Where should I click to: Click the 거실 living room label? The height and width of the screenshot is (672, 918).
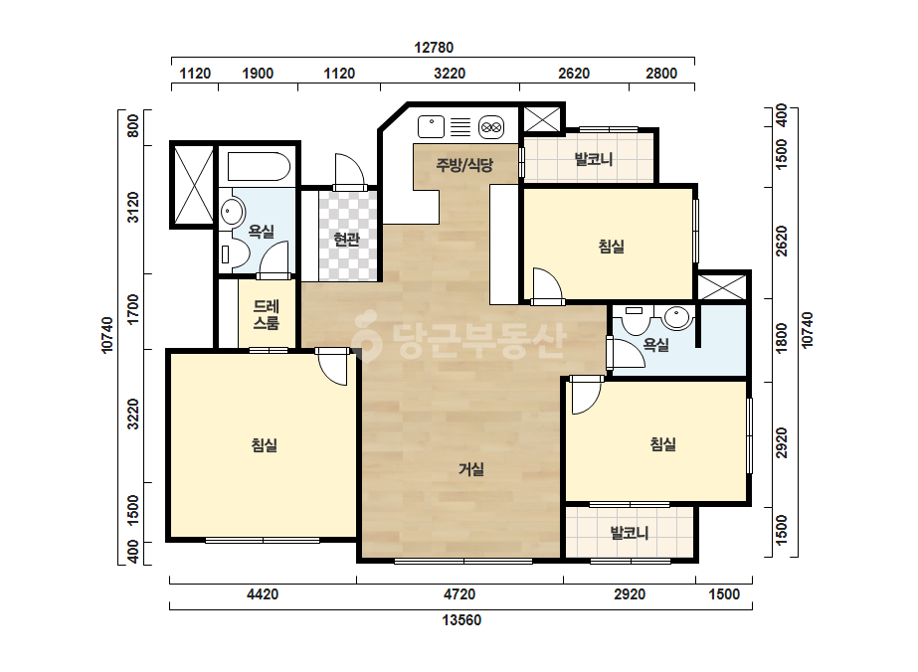[x=471, y=469]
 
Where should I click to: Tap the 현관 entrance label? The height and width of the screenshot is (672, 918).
[x=346, y=239]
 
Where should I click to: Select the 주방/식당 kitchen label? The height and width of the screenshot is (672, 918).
[x=464, y=164]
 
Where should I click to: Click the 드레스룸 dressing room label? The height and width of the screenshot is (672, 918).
[x=266, y=315]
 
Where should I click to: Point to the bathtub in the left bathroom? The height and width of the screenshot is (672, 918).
[x=259, y=167]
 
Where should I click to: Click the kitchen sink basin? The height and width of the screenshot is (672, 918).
[x=431, y=126]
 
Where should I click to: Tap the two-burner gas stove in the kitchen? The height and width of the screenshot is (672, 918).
[x=491, y=127]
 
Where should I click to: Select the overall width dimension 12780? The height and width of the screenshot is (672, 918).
[x=434, y=48]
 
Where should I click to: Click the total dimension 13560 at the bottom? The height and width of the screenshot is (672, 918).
[x=461, y=620]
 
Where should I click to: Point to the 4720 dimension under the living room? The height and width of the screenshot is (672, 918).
[x=459, y=594]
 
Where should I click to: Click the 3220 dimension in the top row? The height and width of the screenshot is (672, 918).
[x=450, y=74]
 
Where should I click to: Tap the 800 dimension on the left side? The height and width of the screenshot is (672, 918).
[x=133, y=126]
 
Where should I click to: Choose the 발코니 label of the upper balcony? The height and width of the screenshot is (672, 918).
[x=594, y=159]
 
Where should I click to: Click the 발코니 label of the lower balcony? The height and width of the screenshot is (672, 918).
[x=630, y=533]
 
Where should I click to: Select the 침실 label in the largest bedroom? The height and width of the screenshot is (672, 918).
[x=264, y=445]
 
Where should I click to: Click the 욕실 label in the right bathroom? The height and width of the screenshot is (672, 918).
[x=655, y=345]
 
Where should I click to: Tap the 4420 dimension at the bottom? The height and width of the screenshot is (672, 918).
[x=263, y=594]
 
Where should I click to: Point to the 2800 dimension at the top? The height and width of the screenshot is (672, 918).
[x=661, y=74]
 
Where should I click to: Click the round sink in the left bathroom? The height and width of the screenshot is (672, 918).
[x=233, y=212]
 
